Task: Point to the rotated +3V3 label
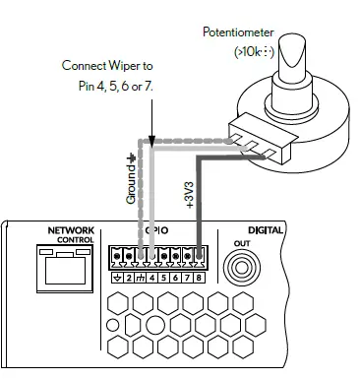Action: click(x=189, y=190)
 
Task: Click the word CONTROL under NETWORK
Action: click(x=75, y=240)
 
